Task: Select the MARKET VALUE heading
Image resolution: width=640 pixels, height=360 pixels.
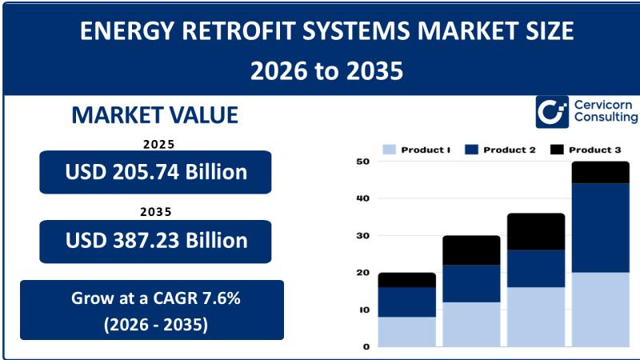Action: click(154, 114)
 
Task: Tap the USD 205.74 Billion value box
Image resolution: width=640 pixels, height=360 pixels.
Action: click(155, 172)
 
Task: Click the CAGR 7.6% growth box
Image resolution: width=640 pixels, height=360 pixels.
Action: click(152, 310)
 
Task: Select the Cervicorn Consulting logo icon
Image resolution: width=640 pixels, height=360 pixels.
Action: click(552, 112)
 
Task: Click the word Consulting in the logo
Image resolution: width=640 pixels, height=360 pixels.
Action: click(606, 118)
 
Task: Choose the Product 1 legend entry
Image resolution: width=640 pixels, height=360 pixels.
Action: click(416, 150)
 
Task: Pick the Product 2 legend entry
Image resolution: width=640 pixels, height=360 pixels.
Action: click(499, 150)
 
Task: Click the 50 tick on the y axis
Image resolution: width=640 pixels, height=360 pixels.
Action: click(362, 162)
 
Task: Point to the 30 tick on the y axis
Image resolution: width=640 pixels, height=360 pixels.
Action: click(362, 236)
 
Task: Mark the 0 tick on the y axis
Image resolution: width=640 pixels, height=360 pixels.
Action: click(366, 347)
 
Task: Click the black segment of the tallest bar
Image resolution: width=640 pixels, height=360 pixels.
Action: click(600, 172)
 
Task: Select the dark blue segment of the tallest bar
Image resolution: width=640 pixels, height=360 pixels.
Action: click(600, 228)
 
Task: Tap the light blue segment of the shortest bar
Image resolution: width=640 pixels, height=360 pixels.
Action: click(406, 332)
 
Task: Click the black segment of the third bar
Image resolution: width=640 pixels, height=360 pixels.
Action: click(536, 231)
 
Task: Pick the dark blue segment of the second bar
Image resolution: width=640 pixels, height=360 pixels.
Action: click(471, 284)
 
